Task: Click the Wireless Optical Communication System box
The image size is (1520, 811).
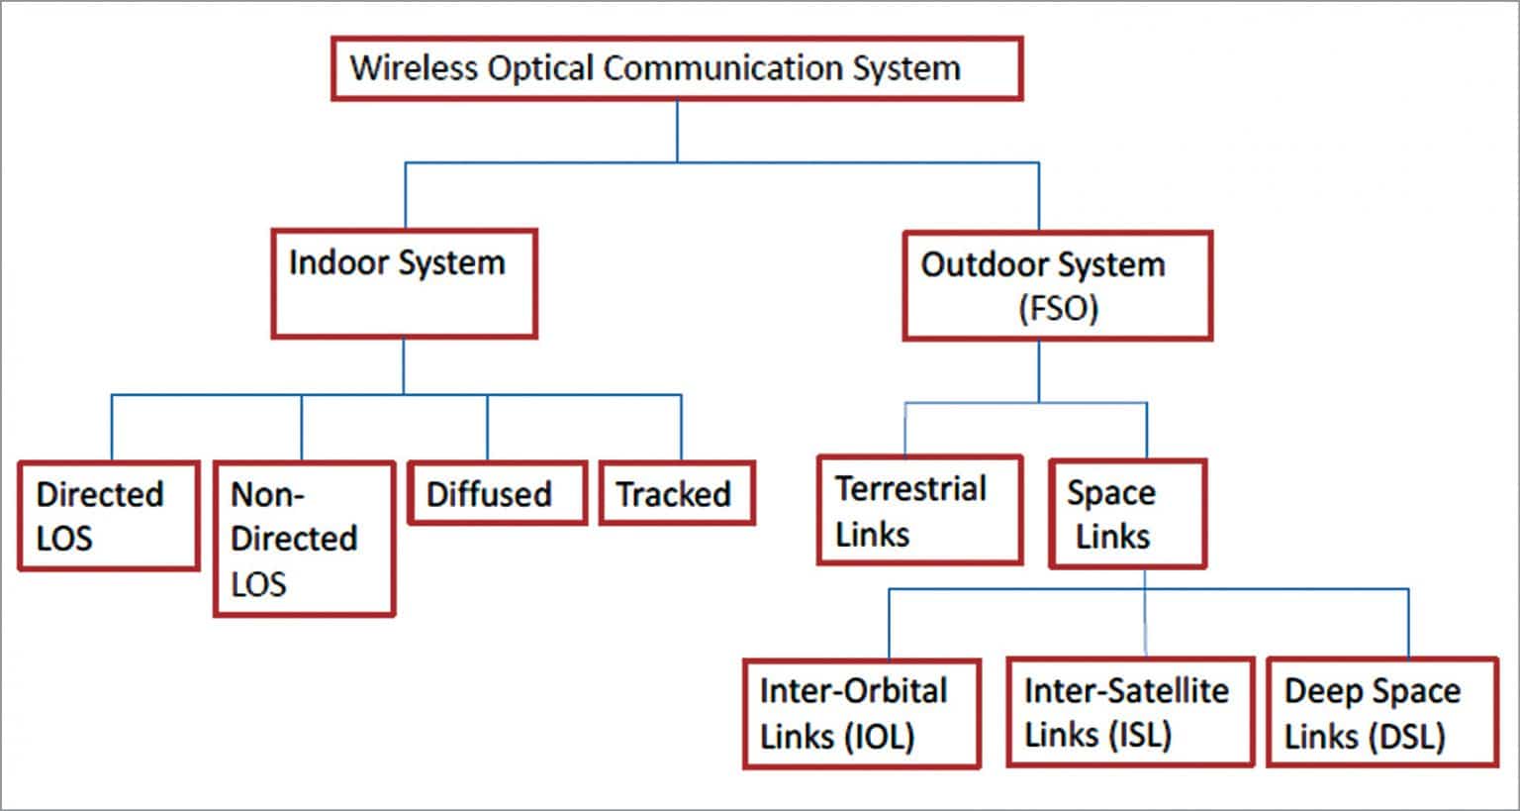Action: click(677, 69)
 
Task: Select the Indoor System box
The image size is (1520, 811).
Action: click(404, 284)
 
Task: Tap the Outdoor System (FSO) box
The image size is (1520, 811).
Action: click(1057, 286)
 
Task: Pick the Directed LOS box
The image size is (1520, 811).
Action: click(109, 516)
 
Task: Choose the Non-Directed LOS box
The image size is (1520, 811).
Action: click(304, 539)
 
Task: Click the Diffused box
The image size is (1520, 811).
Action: click(497, 493)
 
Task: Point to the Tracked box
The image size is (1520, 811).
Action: click(677, 493)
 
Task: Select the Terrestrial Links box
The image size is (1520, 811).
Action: click(919, 510)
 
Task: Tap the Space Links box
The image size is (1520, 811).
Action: click(1127, 514)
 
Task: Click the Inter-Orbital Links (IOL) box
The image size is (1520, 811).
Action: click(861, 713)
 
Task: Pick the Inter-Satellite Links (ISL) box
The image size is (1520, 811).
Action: click(1130, 712)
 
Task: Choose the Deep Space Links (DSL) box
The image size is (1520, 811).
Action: click(1382, 712)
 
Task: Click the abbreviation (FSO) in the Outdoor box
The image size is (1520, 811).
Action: click(1058, 308)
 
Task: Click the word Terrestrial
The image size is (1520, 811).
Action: click(910, 489)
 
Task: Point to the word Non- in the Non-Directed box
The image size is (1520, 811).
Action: click(267, 494)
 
